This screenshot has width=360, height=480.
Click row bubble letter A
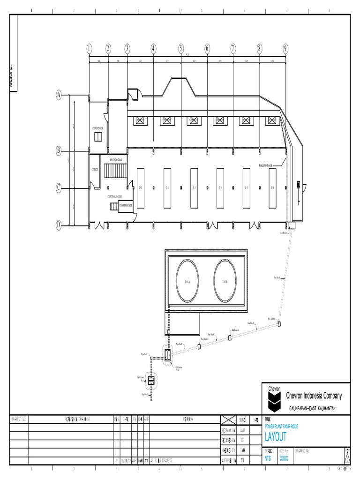pyautogui.click(x=59, y=95)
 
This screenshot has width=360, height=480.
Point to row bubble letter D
pyautogui.click(x=59, y=225)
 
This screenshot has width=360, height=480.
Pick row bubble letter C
pyautogui.click(x=59, y=188)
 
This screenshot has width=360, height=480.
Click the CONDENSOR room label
pyautogui.click(x=97, y=127)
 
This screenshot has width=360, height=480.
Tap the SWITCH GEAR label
pyautogui.click(x=116, y=160)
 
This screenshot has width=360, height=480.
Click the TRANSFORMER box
pyautogui.click(x=126, y=205)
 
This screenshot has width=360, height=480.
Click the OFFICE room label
pyautogui.click(x=95, y=169)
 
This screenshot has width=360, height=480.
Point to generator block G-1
pyautogui.click(x=140, y=187)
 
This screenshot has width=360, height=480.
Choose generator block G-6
pyautogui.click(x=272, y=187)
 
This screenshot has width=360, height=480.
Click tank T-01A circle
pyautogui.click(x=188, y=281)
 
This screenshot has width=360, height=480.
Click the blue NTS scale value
pyautogui.click(x=268, y=459)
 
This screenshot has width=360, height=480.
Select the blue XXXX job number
pyautogui.click(x=284, y=459)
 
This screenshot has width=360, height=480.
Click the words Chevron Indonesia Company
pyautogui.click(x=314, y=396)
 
